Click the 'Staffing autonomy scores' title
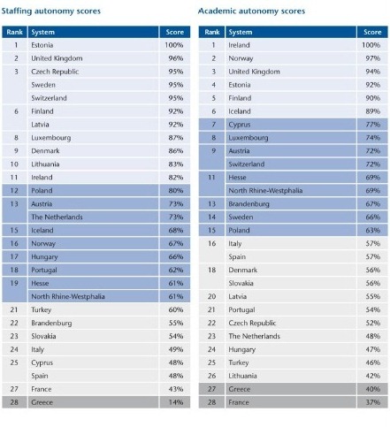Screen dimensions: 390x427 (x=51, y=11)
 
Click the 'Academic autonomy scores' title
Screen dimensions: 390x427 (x=251, y=11)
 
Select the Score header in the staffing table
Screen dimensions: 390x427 (x=175, y=32)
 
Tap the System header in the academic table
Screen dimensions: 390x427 (x=241, y=32)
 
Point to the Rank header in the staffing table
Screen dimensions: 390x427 (x=15, y=32)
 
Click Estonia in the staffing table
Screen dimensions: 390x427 (x=42, y=45)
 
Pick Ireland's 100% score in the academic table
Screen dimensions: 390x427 (x=371, y=45)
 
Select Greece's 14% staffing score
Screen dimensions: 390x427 (x=176, y=402)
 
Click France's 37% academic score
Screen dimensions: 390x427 (x=373, y=402)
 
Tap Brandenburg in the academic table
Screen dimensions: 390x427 (x=249, y=204)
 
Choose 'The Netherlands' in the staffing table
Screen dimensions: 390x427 (x=57, y=217)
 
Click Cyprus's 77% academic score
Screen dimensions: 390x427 (x=373, y=125)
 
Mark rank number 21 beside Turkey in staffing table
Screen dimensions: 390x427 (x=14, y=309)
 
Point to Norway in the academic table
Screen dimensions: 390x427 (x=241, y=58)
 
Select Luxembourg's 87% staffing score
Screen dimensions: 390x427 (x=176, y=138)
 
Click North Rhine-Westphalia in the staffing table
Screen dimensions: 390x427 (x=68, y=296)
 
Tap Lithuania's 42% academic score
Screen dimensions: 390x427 (x=373, y=376)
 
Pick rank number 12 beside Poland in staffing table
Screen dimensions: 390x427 (x=14, y=191)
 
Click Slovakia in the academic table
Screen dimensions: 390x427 (x=241, y=283)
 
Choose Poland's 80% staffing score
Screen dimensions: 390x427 (x=176, y=191)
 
